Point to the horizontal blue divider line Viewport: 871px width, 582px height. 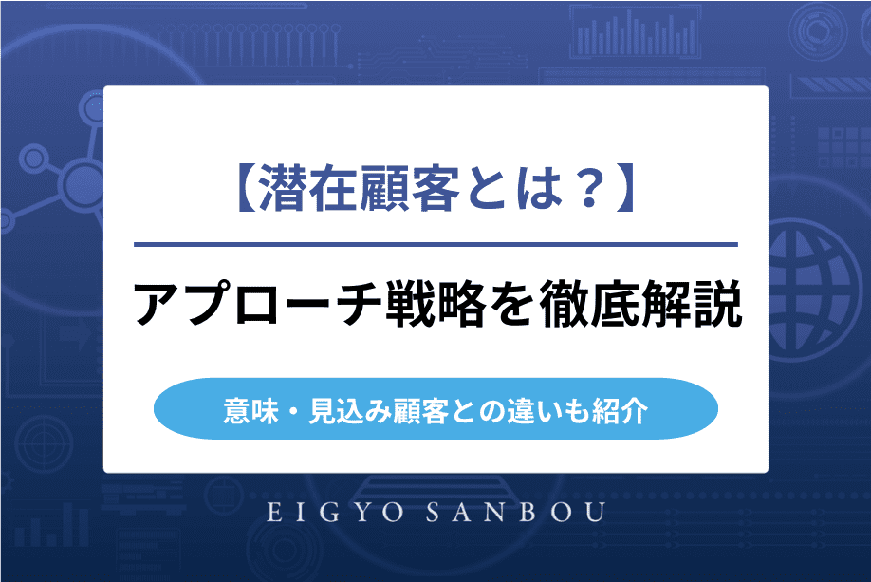point(435,245)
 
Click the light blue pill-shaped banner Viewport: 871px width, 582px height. point(435,409)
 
